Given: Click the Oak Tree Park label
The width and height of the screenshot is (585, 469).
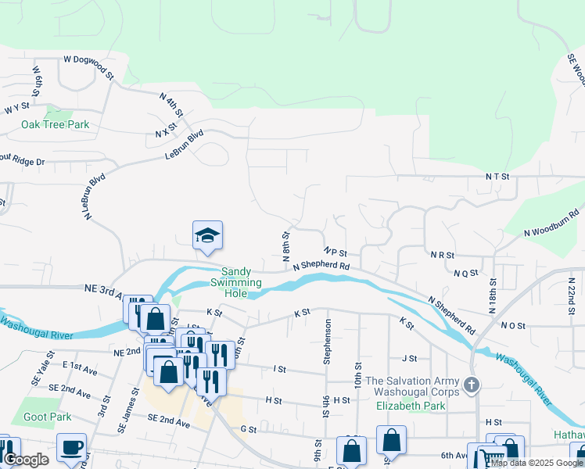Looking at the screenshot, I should point(55,124).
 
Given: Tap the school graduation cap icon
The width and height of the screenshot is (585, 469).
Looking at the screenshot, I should point(207,235).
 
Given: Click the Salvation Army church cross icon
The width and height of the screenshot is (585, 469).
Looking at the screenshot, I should point(471,385).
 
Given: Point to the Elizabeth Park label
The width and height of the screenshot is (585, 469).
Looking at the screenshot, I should point(411,406).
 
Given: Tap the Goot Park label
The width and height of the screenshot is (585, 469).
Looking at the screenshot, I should point(46,417).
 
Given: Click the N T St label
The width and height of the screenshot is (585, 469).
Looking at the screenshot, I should point(497,177).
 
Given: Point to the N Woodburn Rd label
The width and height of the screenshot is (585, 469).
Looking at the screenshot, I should point(551,221).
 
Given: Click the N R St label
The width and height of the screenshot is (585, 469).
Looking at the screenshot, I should point(443,255).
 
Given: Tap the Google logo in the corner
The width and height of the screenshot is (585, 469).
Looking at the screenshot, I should point(26,460).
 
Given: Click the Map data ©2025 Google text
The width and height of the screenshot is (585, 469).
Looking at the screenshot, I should point(537,463).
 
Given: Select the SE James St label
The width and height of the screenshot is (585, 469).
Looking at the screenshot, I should point(124,418).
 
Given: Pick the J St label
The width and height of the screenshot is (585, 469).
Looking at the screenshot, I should point(408,358).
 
